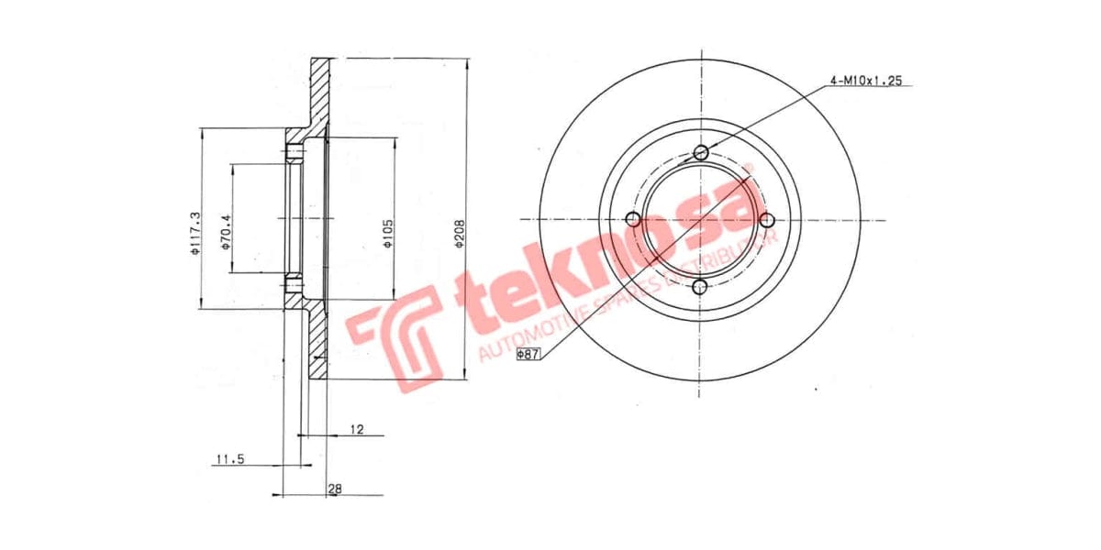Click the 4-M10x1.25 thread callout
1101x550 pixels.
[x=866, y=81]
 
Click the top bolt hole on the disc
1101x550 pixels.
[x=701, y=152]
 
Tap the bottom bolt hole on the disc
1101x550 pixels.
[x=701, y=288]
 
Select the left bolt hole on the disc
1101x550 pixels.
[x=632, y=219]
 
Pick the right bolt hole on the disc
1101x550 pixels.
[x=769, y=219]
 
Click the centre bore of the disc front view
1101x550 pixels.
[x=701, y=219]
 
